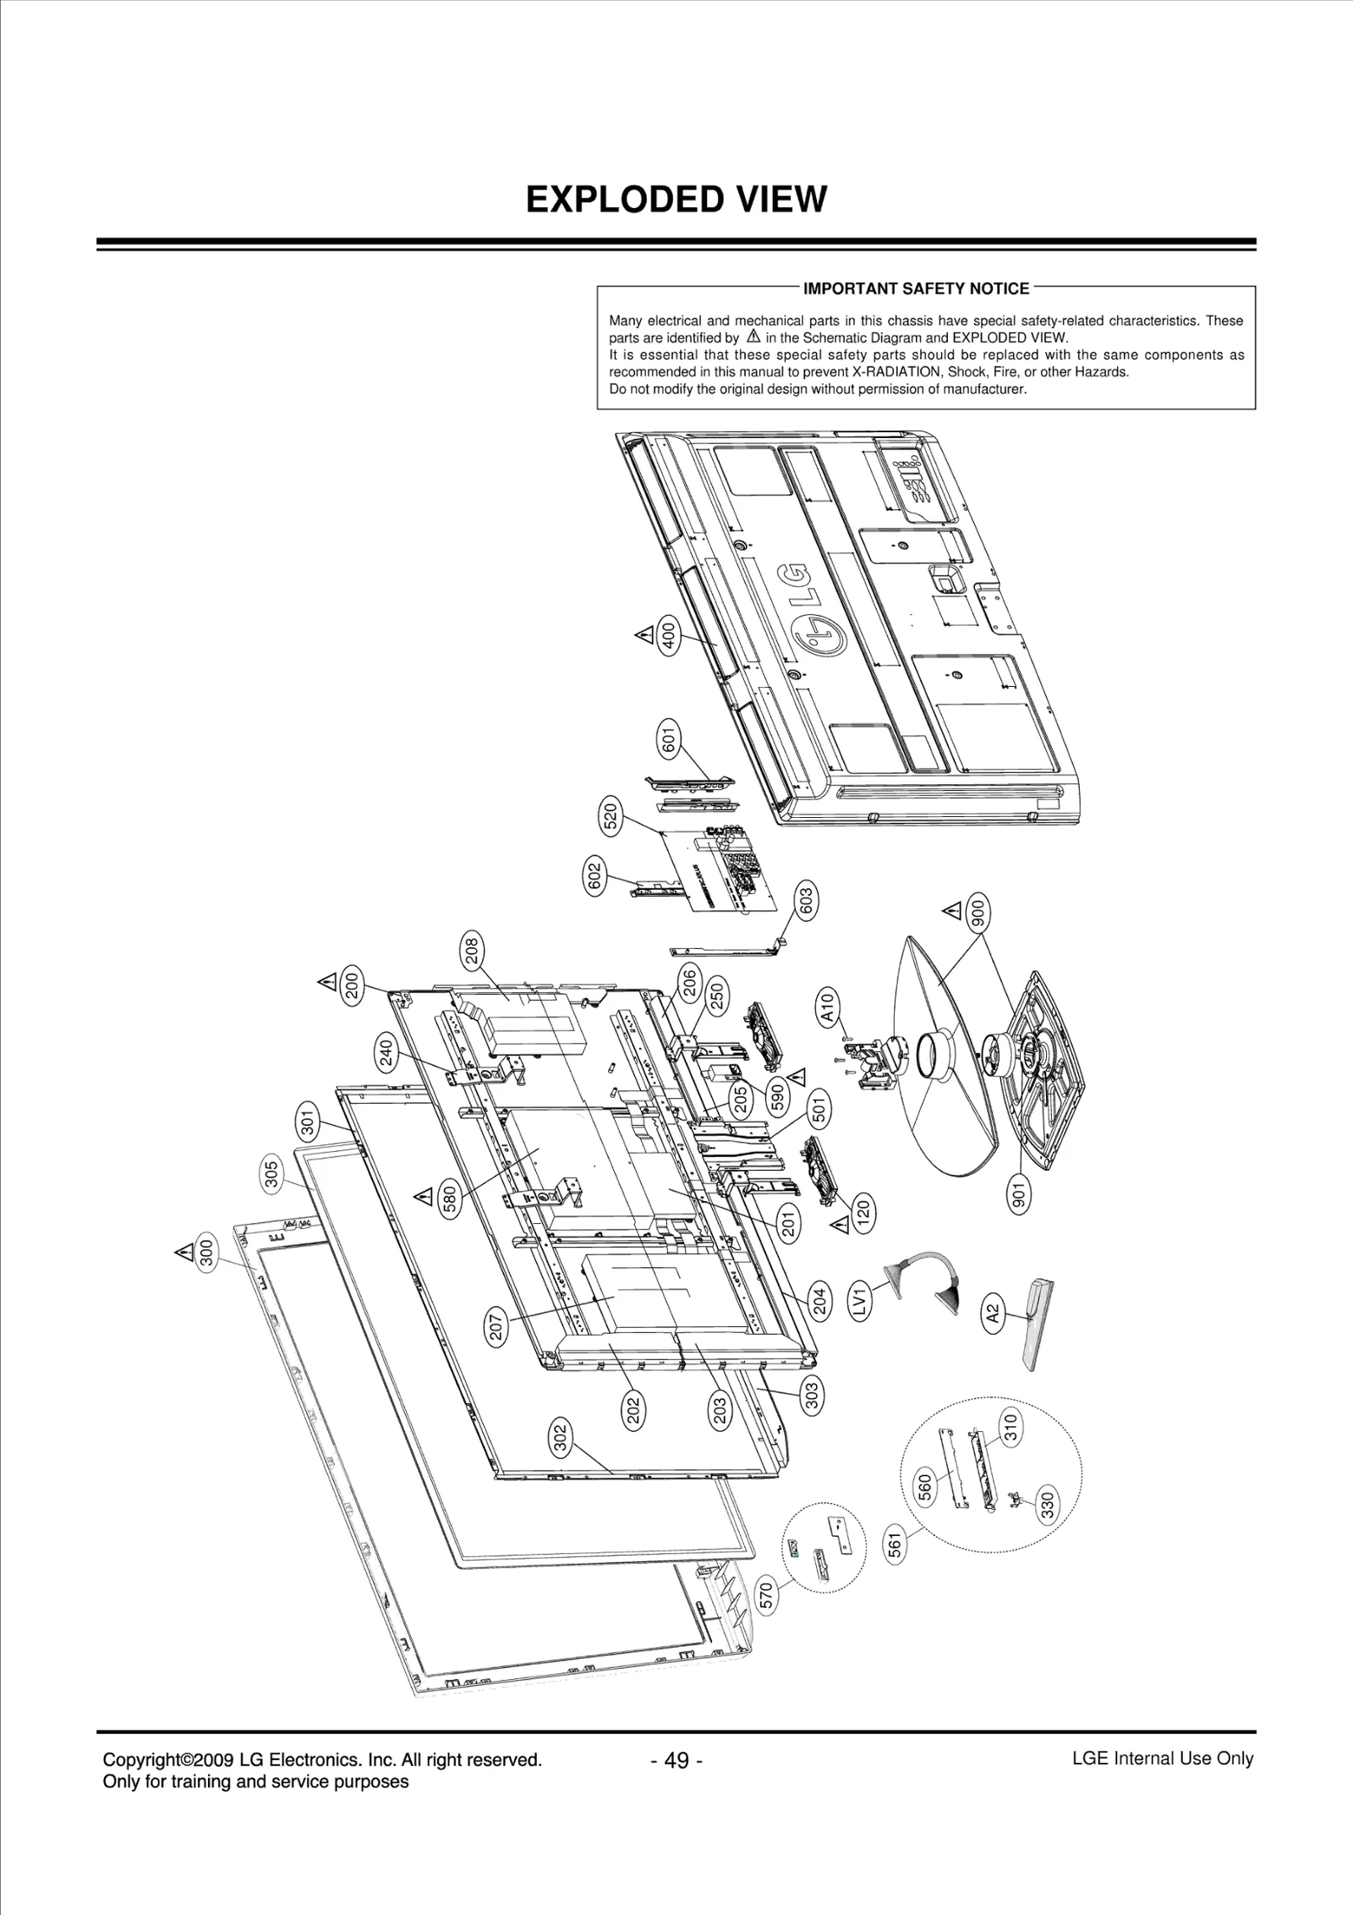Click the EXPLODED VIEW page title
(676, 200)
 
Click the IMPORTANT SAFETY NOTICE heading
(916, 288)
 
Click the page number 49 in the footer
(676, 1760)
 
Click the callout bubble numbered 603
(805, 900)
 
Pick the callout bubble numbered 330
(1047, 1505)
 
